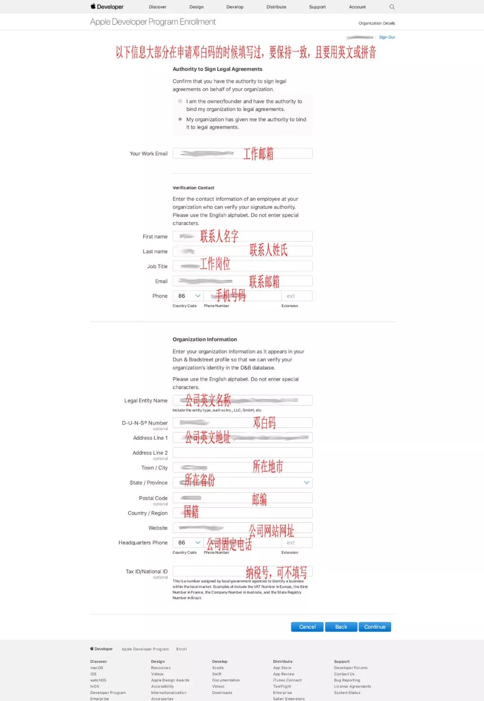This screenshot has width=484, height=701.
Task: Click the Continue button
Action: point(375,627)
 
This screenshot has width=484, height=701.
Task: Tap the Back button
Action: point(341,627)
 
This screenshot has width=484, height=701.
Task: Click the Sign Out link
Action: point(387,37)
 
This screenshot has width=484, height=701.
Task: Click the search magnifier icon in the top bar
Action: point(392,7)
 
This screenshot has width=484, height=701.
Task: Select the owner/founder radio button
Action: point(180,101)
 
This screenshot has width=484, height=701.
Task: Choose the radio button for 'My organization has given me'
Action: point(180,119)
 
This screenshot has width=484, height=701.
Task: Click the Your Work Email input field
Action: point(242,154)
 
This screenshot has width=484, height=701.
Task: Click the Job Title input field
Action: point(242,266)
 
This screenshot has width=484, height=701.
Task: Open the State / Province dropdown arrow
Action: point(307,483)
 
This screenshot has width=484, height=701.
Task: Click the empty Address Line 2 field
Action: point(242,453)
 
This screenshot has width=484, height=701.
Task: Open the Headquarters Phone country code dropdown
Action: point(188,543)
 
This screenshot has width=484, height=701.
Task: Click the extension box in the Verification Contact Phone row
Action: point(297,296)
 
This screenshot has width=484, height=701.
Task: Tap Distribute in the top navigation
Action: point(276,7)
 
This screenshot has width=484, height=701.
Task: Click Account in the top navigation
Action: point(357,7)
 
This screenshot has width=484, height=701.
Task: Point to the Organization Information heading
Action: point(205,339)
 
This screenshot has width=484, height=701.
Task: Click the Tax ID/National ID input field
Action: point(242,571)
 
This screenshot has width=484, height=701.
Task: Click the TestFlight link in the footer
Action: point(282,686)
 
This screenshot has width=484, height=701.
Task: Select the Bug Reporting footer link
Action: point(347,680)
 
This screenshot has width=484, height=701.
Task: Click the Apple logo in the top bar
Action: point(93,6)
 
